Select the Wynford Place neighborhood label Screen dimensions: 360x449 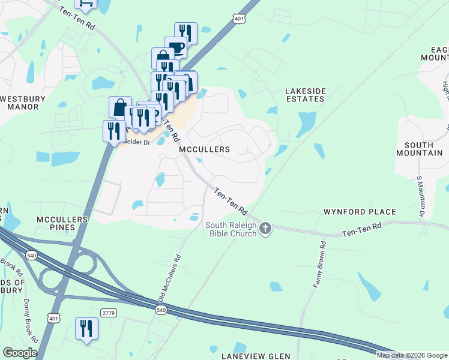pyautogui.click(x=360, y=212)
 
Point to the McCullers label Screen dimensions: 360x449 pyautogui.click(x=205, y=149)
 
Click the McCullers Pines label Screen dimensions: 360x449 pyautogui.click(x=63, y=223)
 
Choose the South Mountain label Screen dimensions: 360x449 pyautogui.click(x=423, y=149)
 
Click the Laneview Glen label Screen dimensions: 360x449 pyautogui.click(x=256, y=356)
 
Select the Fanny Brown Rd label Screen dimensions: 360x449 pyautogui.click(x=319, y=265)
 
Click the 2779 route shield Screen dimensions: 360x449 pyautogui.click(x=108, y=313)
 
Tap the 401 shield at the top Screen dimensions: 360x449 pyautogui.click(x=239, y=19)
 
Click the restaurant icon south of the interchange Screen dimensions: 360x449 pyautogui.click(x=86, y=328)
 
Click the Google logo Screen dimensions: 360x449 pyautogui.click(x=20, y=353)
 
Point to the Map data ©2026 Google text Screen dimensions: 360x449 pyautogui.click(x=412, y=355)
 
